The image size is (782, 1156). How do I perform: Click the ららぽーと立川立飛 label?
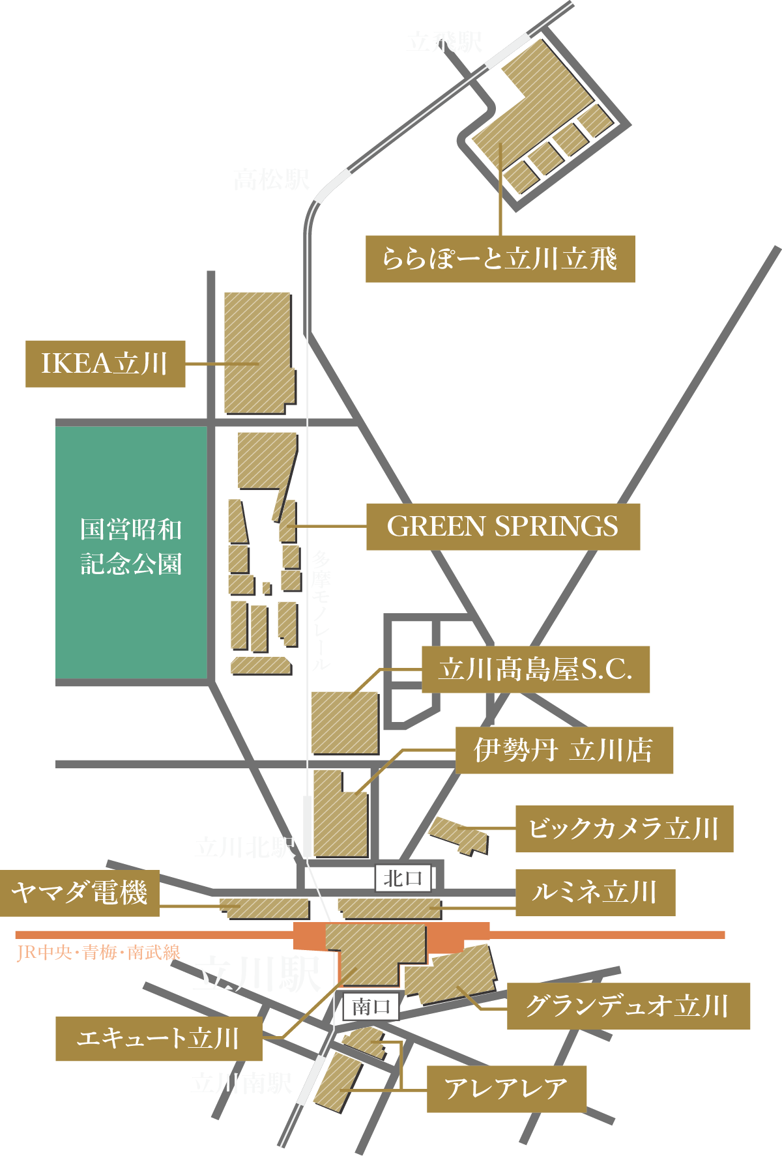[x=500, y=259]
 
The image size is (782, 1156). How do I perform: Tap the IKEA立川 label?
[x=105, y=364]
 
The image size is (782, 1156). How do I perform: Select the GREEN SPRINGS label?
[x=502, y=527]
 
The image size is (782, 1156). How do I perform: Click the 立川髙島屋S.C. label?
[x=535, y=669]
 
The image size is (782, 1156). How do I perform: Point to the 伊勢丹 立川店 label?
[x=564, y=750]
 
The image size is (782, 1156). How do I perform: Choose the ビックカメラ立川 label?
[x=624, y=828]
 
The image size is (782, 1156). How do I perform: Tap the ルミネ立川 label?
[x=594, y=892]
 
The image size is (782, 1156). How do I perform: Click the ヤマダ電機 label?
[x=80, y=893]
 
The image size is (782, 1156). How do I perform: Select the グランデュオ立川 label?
[x=628, y=1006]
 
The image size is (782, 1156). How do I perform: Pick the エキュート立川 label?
[x=158, y=1038]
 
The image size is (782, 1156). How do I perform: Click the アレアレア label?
[x=506, y=1089]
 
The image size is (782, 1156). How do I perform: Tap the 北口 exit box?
[x=403, y=878]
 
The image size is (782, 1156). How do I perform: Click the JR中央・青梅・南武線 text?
[x=98, y=953]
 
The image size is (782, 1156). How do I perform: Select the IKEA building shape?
[x=257, y=352]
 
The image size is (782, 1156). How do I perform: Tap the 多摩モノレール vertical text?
[x=321, y=609]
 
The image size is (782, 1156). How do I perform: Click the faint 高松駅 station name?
[x=272, y=179]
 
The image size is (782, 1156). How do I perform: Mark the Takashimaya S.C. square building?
[x=345, y=723]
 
